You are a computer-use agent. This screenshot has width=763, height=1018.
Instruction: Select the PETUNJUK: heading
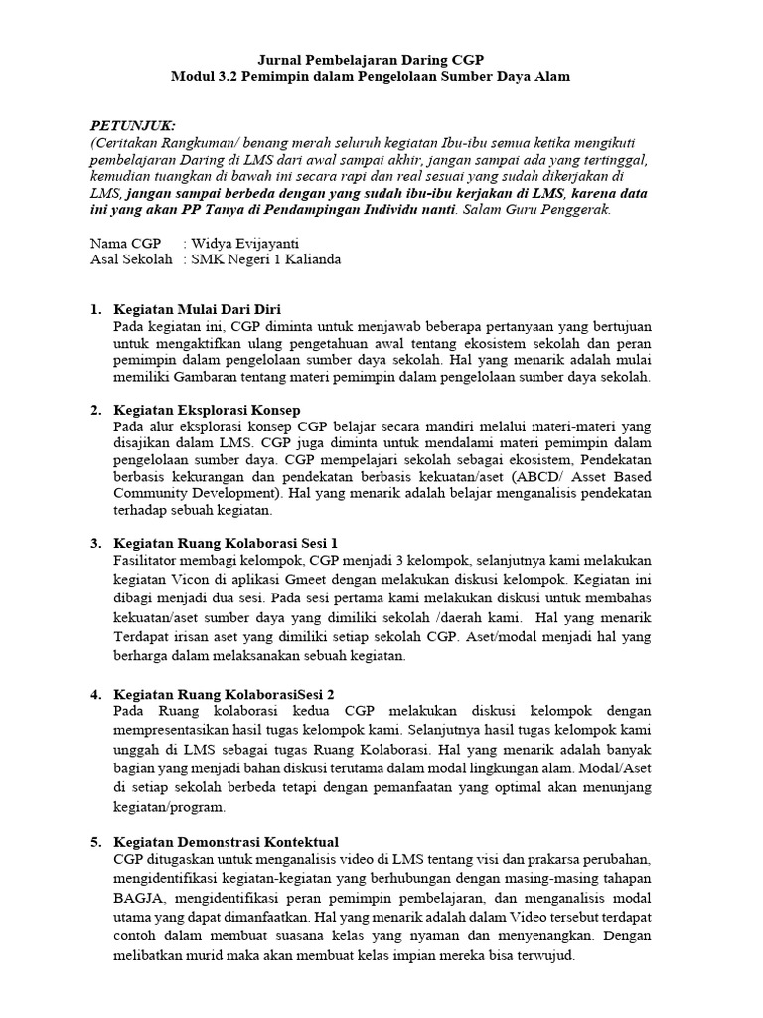coord(132,125)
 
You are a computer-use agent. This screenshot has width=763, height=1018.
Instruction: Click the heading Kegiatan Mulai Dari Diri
coord(198,309)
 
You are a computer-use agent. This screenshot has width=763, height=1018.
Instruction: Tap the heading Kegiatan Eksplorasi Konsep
coord(207,410)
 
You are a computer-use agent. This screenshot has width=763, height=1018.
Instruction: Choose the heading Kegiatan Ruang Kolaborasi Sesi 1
coord(226,543)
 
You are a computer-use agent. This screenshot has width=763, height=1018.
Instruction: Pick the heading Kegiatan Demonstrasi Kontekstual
coord(226,842)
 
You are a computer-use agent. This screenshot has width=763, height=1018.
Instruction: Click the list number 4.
coord(95,692)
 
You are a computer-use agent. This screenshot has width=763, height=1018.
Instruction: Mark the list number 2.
coord(95,410)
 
